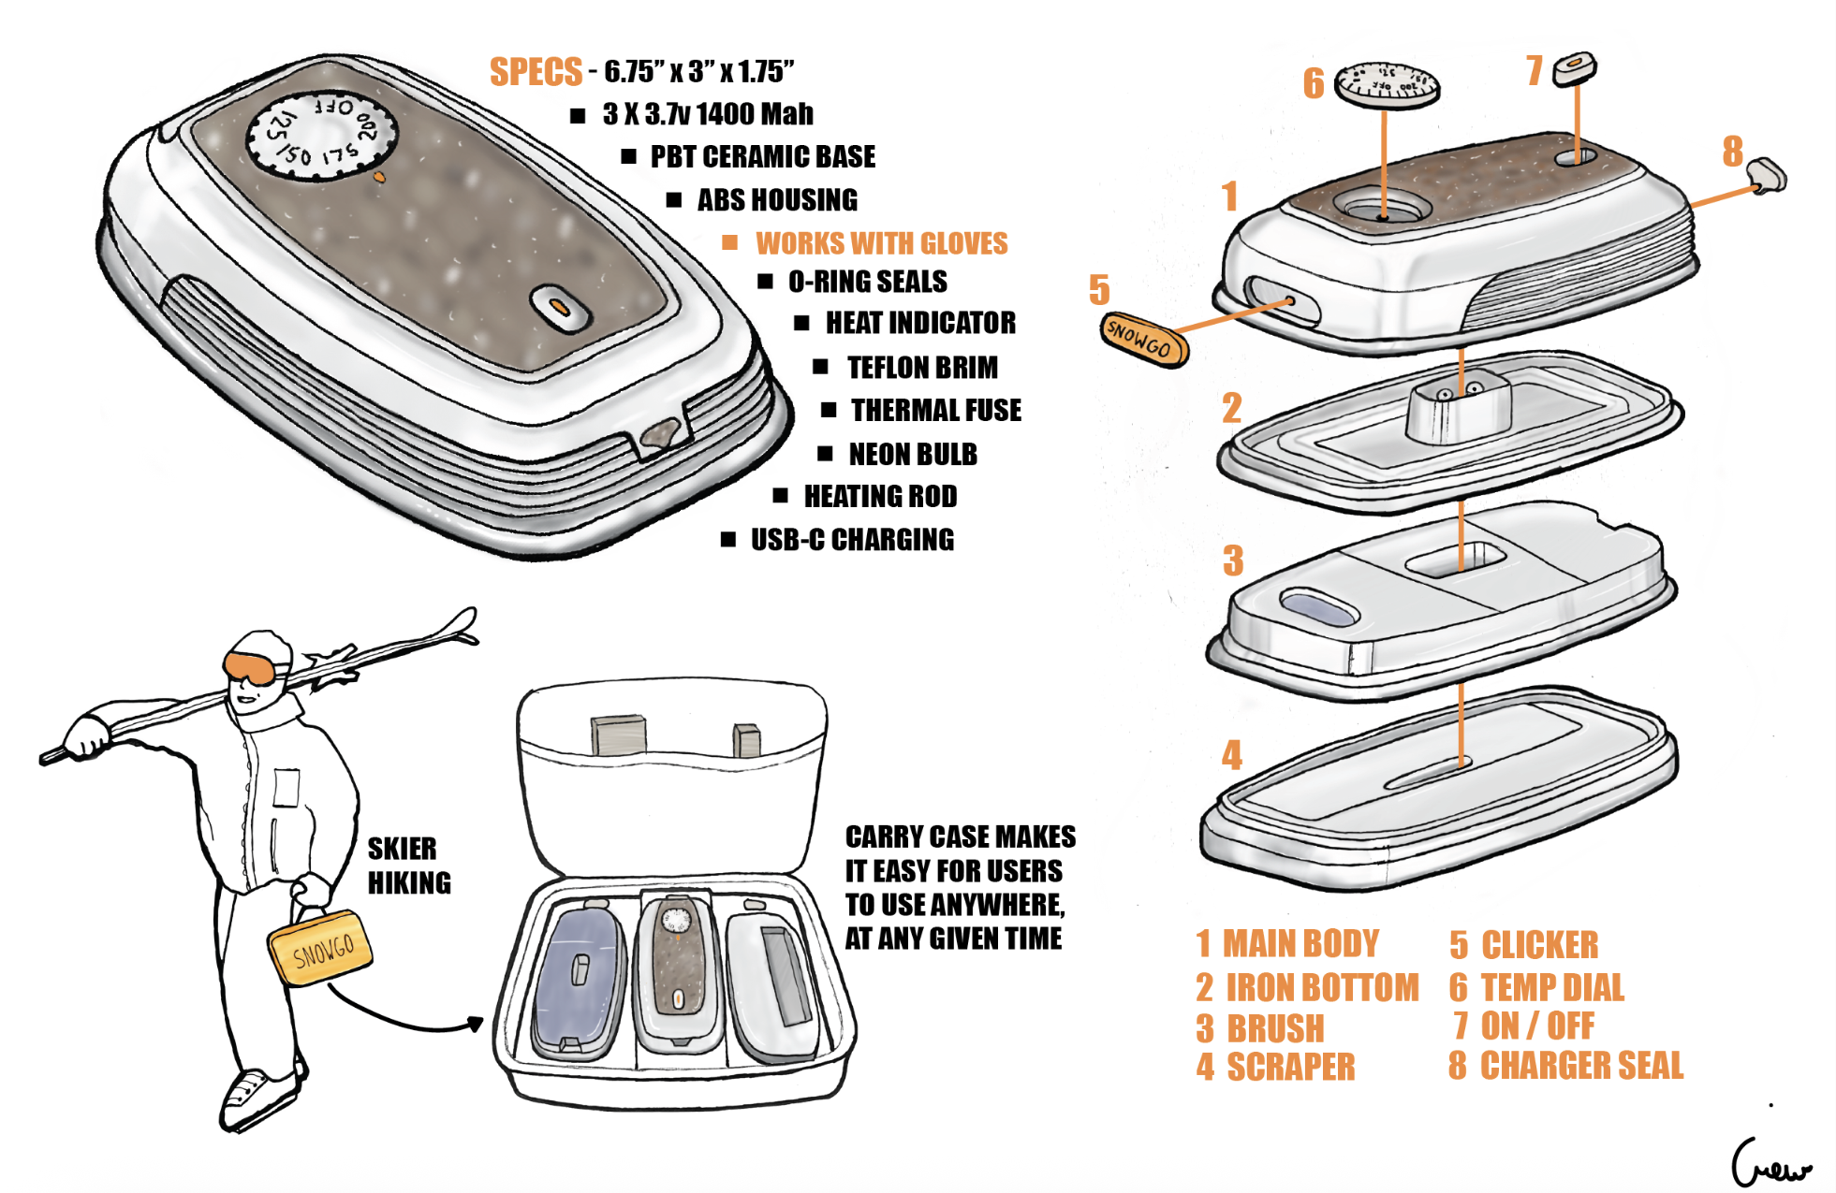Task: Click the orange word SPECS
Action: pos(536,72)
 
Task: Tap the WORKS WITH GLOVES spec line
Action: pos(881,243)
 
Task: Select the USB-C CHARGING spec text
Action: pos(852,540)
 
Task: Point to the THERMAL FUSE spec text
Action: pos(935,410)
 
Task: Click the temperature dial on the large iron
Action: pos(322,133)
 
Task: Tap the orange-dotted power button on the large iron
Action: pos(559,307)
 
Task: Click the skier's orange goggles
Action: pos(249,667)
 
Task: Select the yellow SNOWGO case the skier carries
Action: pos(320,948)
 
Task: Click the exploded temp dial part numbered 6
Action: pos(1386,84)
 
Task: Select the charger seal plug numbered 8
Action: pos(1766,175)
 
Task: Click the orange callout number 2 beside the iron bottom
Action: pos(1231,409)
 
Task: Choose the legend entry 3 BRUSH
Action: pos(1260,1028)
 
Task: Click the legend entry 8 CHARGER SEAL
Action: pos(1565,1065)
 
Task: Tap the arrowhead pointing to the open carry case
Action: pos(476,1024)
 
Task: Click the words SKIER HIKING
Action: pos(408,866)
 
